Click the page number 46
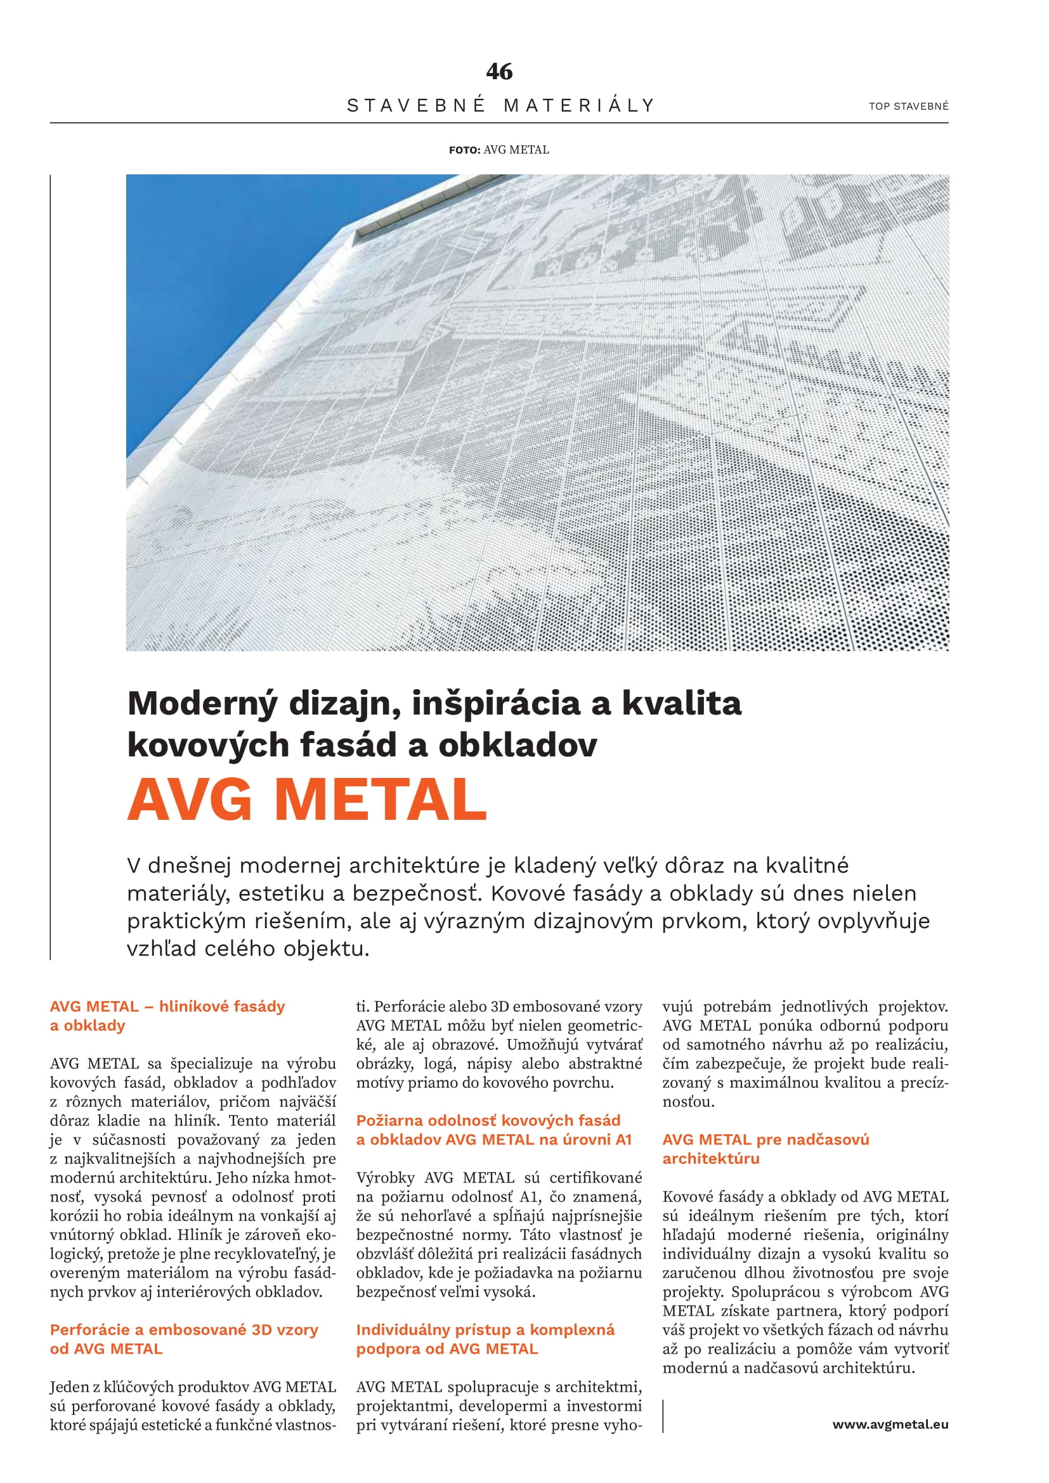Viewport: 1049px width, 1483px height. [x=499, y=71]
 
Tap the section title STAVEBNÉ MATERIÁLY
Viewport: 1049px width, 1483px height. [x=500, y=105]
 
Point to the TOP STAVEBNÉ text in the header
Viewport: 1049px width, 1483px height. [x=908, y=106]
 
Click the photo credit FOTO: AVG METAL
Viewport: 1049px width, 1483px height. [x=498, y=150]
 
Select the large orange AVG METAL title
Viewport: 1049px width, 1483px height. [x=307, y=800]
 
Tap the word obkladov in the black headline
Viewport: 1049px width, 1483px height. [x=518, y=745]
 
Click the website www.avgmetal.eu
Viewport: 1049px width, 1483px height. [x=890, y=1424]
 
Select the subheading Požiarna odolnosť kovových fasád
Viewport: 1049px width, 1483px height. [x=488, y=1120]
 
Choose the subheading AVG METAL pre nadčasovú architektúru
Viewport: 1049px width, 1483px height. [x=766, y=1149]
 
